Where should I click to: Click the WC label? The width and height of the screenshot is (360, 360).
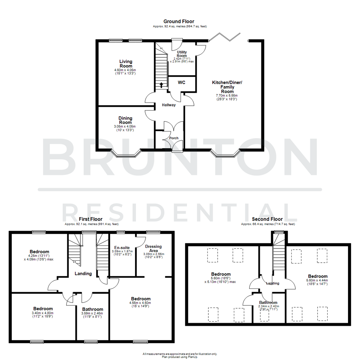(182, 82)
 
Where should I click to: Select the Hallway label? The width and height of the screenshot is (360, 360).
(169, 105)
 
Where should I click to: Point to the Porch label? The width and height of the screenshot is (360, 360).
(174, 138)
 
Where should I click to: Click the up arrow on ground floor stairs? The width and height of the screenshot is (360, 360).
(161, 85)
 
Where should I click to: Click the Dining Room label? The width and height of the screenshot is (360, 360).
(125, 120)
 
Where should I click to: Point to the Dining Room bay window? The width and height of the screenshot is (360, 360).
(125, 154)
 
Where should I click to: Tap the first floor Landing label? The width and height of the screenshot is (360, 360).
(83, 274)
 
